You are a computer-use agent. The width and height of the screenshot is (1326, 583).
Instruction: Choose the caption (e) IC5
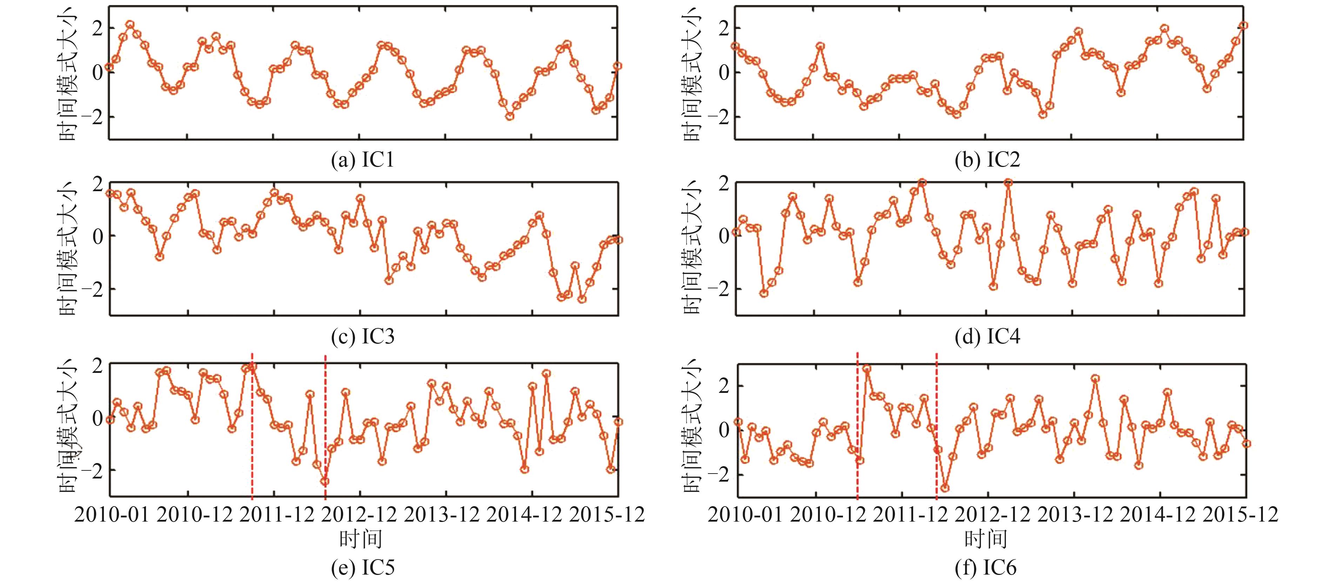[x=362, y=568]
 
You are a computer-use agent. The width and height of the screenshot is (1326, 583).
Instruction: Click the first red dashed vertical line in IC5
[x=252, y=427]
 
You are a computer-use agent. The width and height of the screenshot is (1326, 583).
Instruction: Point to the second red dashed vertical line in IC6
[x=936, y=427]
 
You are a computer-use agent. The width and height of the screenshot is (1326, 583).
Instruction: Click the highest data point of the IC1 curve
[x=130, y=25]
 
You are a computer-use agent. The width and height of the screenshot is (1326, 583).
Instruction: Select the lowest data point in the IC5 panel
[x=325, y=482]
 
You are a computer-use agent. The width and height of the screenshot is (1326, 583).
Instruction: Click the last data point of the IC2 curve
[x=1243, y=25]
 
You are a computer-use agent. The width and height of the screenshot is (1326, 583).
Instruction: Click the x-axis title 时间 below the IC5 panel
[x=360, y=539]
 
